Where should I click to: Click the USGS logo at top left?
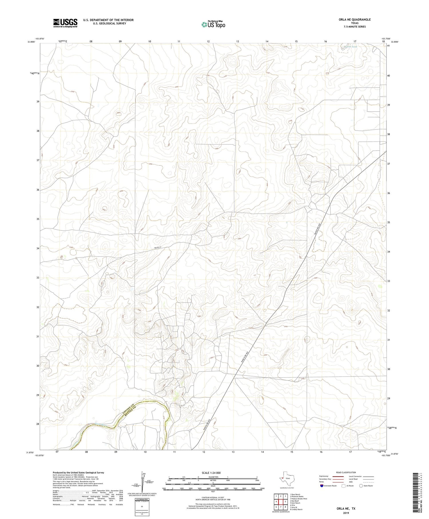65,23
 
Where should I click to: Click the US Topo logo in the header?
213,24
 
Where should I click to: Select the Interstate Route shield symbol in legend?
322,486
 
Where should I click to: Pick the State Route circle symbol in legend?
361,486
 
